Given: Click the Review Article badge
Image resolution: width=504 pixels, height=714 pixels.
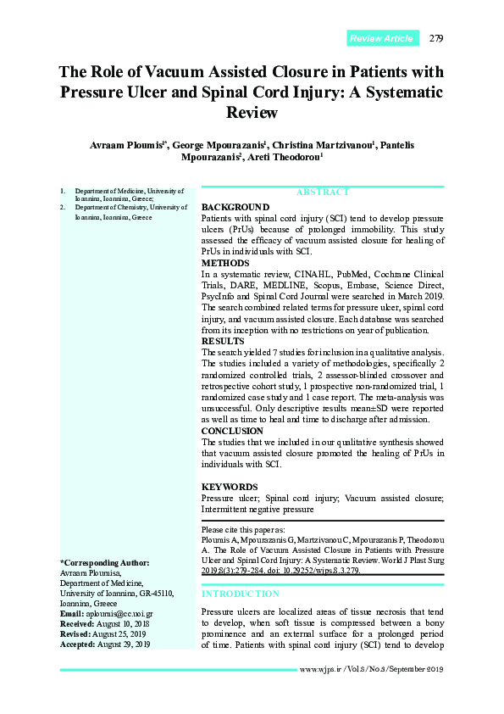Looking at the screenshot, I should pyautogui.click(x=381, y=38).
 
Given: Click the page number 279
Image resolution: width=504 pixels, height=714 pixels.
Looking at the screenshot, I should pyautogui.click(x=436, y=38).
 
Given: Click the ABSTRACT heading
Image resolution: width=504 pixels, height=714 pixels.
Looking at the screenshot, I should pyautogui.click(x=322, y=192).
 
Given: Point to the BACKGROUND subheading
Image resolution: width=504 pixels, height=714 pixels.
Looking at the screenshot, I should pyautogui.click(x=235, y=207).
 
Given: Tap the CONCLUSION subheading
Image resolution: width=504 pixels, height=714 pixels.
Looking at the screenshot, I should pyautogui.click(x=232, y=431).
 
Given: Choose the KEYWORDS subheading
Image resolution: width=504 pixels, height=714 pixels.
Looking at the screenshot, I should pyautogui.click(x=230, y=487).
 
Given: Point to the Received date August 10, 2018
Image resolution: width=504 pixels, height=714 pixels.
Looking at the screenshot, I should pyautogui.click(x=123, y=623).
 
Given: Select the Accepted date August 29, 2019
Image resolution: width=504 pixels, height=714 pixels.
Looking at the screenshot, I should pyautogui.click(x=123, y=644).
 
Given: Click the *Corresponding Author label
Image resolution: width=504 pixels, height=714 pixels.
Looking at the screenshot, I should pyautogui.click(x=104, y=563).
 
